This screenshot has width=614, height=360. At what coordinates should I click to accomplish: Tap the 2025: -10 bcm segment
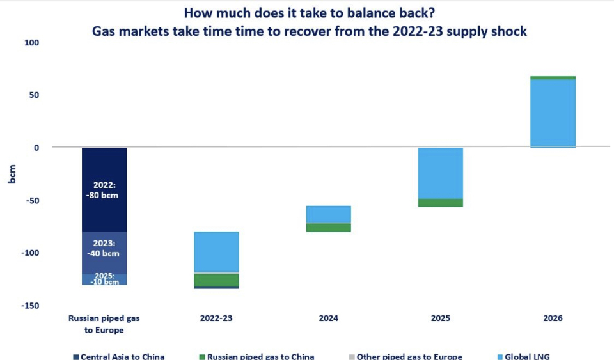pos(104,279)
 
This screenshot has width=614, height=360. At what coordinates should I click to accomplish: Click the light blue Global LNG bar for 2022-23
pos(216,252)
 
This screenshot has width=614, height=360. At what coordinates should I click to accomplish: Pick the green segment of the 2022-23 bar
pos(216,280)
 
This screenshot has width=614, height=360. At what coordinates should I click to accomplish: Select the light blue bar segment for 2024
pos(328,214)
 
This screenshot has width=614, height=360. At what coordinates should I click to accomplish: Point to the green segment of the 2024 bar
pos(328,228)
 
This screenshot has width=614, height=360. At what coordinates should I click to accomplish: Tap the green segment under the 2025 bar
pos(440,203)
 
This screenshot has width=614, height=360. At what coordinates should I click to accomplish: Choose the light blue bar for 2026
pos(553,113)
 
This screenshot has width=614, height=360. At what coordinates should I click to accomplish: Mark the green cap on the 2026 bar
pos(553,77)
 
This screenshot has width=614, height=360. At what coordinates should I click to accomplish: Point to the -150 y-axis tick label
pos(30,306)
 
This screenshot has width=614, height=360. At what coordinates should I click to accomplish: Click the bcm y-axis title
pos(12,174)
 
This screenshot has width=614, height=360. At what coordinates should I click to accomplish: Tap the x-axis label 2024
pos(328,318)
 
